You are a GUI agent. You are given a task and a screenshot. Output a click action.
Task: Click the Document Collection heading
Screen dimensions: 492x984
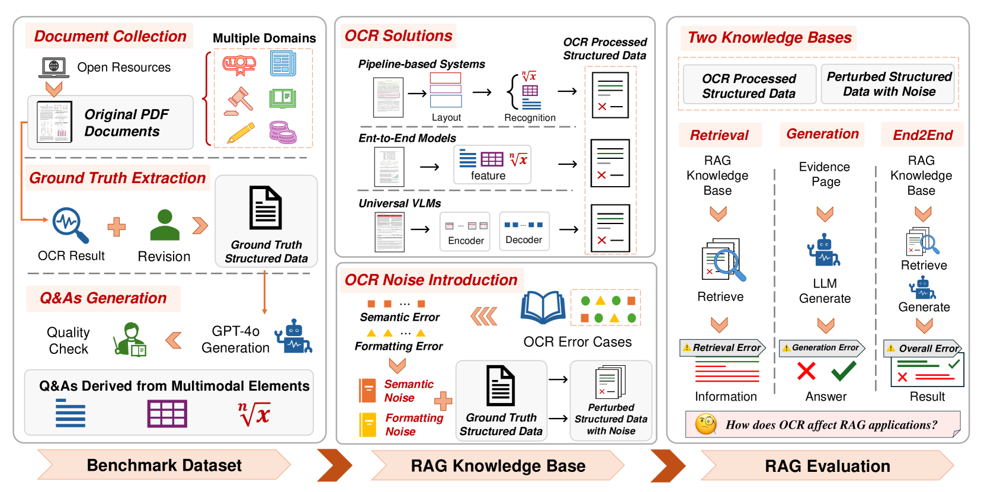[x=110, y=36]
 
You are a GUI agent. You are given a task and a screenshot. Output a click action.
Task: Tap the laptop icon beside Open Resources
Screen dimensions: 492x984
[x=54, y=67]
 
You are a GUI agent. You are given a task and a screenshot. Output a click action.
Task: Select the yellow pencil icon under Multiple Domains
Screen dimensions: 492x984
[x=241, y=133]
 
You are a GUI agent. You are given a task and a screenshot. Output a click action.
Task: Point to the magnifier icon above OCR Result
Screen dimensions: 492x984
[x=70, y=225]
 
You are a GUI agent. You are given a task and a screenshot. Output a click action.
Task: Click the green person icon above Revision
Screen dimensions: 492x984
[x=165, y=225]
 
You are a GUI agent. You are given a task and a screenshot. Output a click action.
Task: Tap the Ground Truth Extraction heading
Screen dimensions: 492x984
[x=117, y=178]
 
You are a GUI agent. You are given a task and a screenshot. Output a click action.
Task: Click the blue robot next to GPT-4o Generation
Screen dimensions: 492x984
[x=293, y=337]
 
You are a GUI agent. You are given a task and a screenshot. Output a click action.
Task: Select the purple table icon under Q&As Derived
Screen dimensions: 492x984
[x=167, y=413]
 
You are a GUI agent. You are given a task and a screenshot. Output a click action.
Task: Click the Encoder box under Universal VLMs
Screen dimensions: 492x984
[x=466, y=232]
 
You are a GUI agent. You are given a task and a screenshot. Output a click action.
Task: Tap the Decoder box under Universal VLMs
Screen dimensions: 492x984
[x=524, y=231]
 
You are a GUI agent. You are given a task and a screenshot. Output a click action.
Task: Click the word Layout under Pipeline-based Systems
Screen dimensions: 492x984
[x=446, y=117]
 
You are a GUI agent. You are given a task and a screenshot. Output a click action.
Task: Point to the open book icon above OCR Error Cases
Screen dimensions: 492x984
[x=543, y=307]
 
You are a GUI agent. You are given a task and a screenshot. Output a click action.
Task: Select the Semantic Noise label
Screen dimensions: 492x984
[x=408, y=391]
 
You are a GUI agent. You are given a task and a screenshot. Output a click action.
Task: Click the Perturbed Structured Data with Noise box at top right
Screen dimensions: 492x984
[x=888, y=84]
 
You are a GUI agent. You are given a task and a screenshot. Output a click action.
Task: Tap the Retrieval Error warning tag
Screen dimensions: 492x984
[x=722, y=348]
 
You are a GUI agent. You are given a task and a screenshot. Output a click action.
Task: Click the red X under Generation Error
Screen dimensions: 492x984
[x=806, y=371]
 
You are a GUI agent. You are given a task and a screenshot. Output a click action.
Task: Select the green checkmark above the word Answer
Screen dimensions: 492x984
[x=844, y=371]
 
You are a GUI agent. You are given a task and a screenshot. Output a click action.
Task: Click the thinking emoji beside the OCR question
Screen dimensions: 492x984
[x=706, y=424]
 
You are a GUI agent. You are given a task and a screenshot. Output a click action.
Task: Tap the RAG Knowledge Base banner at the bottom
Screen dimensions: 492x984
[x=498, y=466]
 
